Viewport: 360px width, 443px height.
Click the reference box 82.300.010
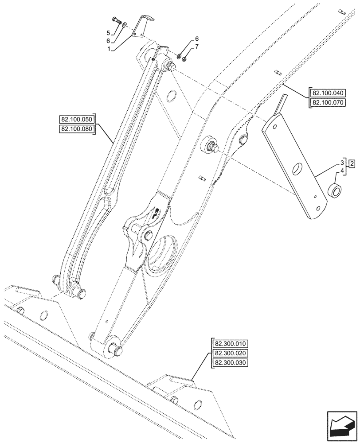(231, 344)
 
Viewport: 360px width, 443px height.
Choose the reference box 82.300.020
(231, 353)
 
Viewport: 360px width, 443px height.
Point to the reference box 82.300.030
(231, 363)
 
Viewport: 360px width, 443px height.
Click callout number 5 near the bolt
(108, 33)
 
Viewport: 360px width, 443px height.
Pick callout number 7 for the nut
(196, 46)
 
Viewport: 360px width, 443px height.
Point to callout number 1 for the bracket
(108, 49)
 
